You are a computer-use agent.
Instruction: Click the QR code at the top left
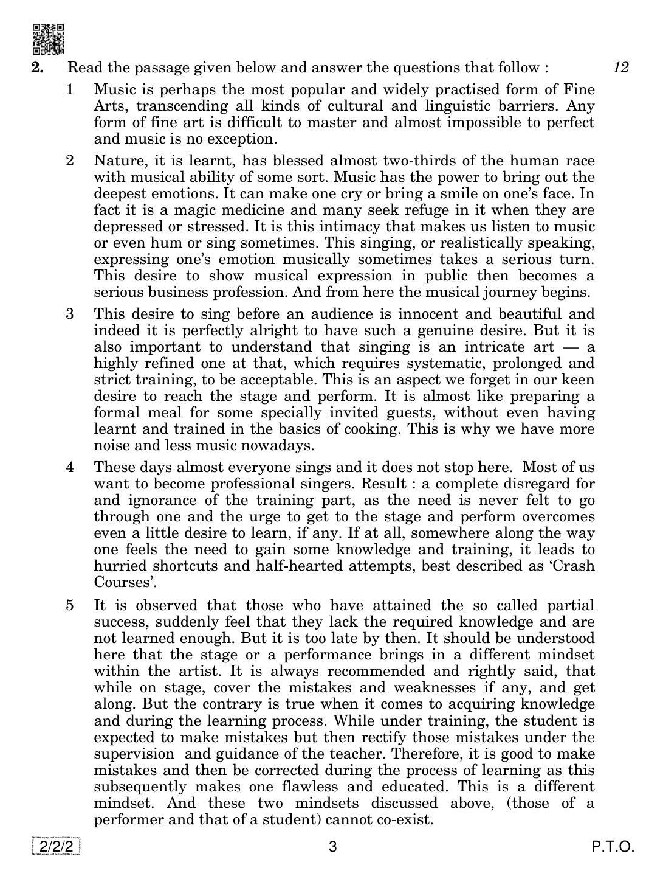tap(48, 39)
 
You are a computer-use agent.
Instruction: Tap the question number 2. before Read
tap(38, 68)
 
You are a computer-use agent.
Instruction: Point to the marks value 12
tap(620, 68)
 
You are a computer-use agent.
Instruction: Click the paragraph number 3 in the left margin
tap(70, 314)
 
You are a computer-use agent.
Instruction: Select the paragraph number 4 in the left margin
tap(70, 467)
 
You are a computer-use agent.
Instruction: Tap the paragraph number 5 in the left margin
tap(70, 605)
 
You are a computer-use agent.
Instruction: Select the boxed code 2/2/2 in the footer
tap(57, 847)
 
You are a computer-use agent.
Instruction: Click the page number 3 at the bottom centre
tap(332, 847)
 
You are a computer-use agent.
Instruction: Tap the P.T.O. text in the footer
tap(614, 847)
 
